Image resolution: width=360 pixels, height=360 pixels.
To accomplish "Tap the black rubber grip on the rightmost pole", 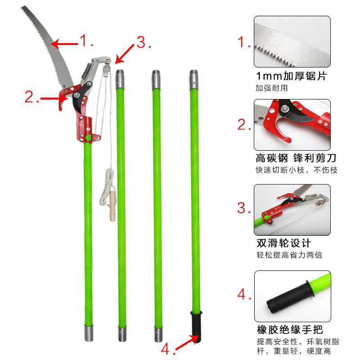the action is (x=196, y=326).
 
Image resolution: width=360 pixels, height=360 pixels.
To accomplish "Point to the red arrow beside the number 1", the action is (x=64, y=44).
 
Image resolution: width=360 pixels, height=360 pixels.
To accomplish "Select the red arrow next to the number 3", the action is (x=125, y=54).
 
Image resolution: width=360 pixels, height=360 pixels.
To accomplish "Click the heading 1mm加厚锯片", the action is (x=291, y=76).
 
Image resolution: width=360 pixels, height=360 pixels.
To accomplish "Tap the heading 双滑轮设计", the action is (x=284, y=243).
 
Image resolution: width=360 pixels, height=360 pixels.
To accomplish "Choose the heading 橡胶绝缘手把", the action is (x=290, y=330).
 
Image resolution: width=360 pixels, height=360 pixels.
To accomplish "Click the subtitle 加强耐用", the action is (x=272, y=88).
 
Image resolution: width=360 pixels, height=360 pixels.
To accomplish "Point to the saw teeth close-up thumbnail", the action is (x=292, y=41).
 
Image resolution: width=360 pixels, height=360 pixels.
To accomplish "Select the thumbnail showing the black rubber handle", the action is (x=292, y=296).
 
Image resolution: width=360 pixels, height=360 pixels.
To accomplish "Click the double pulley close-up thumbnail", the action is (x=292, y=210).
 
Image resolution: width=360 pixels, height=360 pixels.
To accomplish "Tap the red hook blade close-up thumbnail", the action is (x=292, y=125).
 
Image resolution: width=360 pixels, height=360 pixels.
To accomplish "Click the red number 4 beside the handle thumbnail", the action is (x=242, y=294).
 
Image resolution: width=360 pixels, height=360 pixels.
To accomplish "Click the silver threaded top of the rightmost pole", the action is (x=194, y=80).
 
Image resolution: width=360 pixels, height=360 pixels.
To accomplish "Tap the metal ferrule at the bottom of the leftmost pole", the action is (x=89, y=333).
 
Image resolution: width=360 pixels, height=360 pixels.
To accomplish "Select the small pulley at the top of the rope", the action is (x=107, y=68).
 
